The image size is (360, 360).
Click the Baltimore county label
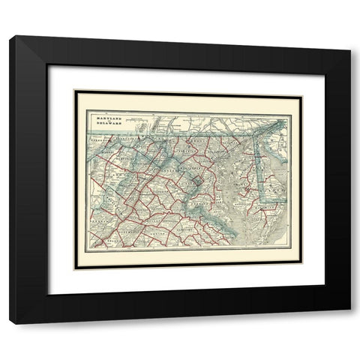(217, 150)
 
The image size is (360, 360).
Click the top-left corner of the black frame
(10, 36)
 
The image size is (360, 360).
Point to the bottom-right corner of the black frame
(349, 323)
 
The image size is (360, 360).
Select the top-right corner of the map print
(300, 91)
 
